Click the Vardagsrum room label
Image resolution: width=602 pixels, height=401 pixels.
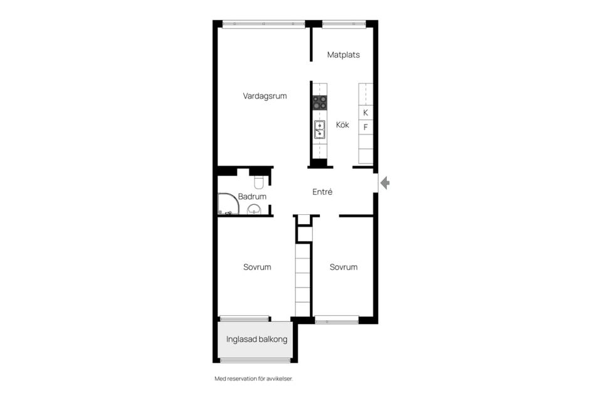click(x=265, y=96)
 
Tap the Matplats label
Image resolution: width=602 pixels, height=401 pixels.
click(x=343, y=55)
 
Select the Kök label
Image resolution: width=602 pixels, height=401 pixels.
click(x=342, y=125)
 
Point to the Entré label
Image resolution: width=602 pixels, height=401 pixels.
click(x=322, y=192)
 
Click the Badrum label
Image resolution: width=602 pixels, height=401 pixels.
click(x=252, y=197)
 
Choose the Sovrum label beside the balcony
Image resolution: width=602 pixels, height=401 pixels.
click(x=257, y=267)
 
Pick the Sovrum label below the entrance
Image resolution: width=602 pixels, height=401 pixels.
click(x=343, y=267)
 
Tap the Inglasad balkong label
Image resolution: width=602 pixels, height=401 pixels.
click(x=256, y=339)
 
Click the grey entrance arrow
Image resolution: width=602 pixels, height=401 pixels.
click(x=385, y=183)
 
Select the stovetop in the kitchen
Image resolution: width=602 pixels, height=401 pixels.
click(x=319, y=103)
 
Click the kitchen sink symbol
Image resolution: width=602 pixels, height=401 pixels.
click(x=319, y=129)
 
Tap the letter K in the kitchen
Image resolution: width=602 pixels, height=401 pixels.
click(x=366, y=113)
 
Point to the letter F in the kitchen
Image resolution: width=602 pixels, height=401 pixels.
click(x=366, y=127)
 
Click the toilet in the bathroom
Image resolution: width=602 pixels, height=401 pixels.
click(x=258, y=182)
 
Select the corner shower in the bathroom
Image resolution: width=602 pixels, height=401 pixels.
click(x=228, y=204)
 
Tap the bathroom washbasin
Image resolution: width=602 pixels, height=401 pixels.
click(x=254, y=209)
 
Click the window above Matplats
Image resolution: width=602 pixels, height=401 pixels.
click(x=344, y=24)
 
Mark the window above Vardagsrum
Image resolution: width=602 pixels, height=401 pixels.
click(x=263, y=24)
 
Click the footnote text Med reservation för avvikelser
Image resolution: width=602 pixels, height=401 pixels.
click(x=253, y=378)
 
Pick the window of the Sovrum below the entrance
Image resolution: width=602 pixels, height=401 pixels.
click(x=337, y=320)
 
